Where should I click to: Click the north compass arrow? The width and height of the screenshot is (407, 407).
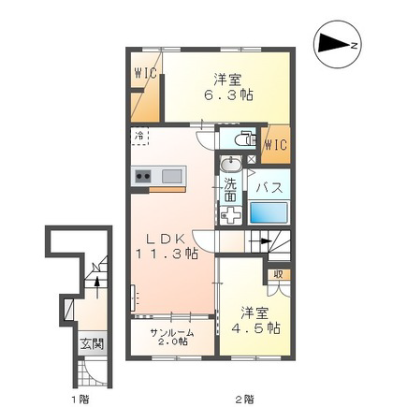(334, 44)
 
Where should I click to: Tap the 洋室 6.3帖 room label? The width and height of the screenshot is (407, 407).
(228, 87)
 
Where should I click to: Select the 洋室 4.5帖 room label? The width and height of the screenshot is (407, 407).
(255, 321)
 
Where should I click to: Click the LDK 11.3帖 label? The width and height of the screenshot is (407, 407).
(167, 246)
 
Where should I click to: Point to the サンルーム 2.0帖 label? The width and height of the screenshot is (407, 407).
(172, 337)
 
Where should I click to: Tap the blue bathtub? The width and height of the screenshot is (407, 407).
(268, 212)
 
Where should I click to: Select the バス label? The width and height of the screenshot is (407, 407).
(269, 188)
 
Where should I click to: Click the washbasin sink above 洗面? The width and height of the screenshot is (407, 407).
(231, 164)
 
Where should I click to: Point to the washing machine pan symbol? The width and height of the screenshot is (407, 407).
(231, 215)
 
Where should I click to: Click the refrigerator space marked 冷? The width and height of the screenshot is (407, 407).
(139, 137)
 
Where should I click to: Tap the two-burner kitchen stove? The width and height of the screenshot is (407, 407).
(143, 177)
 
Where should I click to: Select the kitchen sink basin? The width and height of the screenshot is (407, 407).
(172, 177)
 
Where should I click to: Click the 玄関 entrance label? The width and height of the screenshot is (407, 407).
(92, 344)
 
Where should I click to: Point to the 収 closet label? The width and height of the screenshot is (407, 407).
(278, 274)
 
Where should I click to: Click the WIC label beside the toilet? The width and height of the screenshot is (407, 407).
(276, 145)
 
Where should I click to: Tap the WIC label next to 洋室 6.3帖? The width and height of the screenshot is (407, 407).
(145, 73)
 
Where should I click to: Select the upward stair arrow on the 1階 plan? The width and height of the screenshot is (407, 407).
(97, 287)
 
